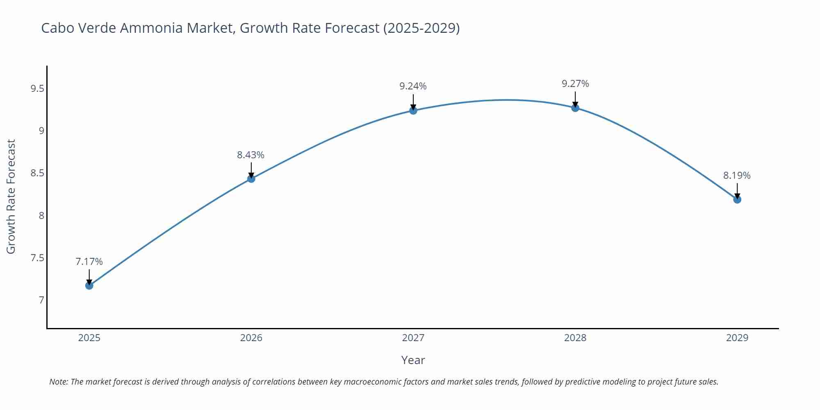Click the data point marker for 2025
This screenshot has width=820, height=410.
click(x=89, y=285)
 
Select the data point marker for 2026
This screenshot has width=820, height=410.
click(x=251, y=179)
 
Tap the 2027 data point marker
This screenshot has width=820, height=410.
click(x=413, y=110)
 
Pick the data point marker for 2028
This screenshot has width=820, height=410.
click(x=575, y=108)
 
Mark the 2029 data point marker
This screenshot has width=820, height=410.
click(x=737, y=199)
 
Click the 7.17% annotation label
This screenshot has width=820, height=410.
click(x=89, y=262)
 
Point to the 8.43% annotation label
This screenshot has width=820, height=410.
click(x=251, y=155)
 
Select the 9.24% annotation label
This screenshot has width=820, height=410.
click(x=413, y=86)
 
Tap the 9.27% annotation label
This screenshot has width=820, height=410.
click(x=575, y=84)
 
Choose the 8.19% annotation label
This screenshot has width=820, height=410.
click(x=737, y=175)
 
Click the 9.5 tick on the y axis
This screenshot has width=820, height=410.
click(x=37, y=89)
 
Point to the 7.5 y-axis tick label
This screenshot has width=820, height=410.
click(x=37, y=258)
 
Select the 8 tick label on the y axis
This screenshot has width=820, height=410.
click(x=41, y=216)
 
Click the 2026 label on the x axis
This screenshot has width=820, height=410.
click(x=251, y=338)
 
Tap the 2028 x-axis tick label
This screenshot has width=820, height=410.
click(x=575, y=338)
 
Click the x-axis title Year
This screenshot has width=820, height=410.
click(x=413, y=360)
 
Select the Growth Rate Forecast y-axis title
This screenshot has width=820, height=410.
click(x=11, y=196)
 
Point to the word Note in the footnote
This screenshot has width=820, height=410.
click(x=58, y=382)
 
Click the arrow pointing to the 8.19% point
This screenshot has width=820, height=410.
click(x=737, y=191)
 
